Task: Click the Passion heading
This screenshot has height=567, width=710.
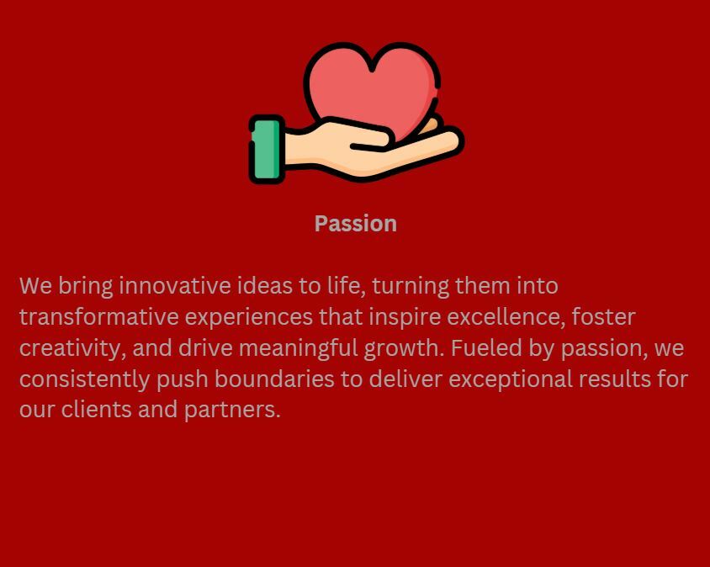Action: tap(356, 224)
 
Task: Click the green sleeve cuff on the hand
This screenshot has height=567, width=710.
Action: tap(267, 150)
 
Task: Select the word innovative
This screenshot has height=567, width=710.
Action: tap(175, 286)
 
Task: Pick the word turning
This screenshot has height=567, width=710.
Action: tap(411, 287)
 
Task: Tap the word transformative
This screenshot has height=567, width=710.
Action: tap(98, 317)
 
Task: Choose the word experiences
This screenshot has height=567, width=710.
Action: tap(249, 318)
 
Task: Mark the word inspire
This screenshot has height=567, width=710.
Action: tap(405, 318)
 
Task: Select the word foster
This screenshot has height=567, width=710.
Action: tap(604, 317)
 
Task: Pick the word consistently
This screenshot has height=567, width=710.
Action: tap(84, 379)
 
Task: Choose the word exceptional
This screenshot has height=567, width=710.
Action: tap(511, 379)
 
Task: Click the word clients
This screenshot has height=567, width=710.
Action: tap(96, 410)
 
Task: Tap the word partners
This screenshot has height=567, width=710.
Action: tap(232, 411)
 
